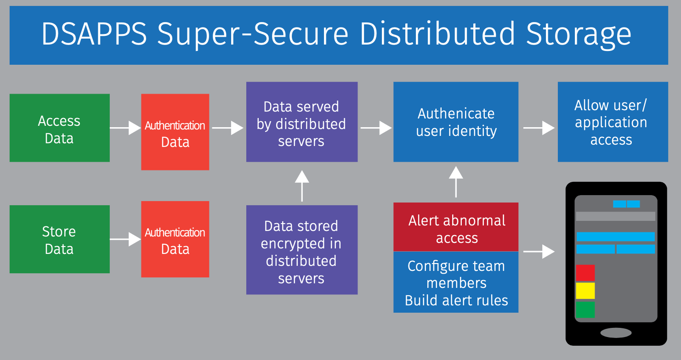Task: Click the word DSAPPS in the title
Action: pyautogui.click(x=94, y=34)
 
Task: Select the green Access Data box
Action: pyautogui.click(x=60, y=128)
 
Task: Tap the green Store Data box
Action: pyautogui.click(x=60, y=239)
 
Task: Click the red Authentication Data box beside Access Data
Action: pyautogui.click(x=175, y=132)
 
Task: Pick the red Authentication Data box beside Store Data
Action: pyautogui.click(x=175, y=239)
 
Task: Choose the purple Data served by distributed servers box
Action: pyautogui.click(x=302, y=122)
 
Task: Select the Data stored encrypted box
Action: pyautogui.click(x=302, y=250)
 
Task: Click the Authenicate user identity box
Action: pyautogui.click(x=456, y=122)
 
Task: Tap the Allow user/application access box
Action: pyautogui.click(x=613, y=122)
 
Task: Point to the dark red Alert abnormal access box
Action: pyautogui.click(x=456, y=227)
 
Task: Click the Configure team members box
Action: pyautogui.click(x=456, y=282)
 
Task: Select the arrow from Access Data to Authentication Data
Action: pyautogui.click(x=125, y=128)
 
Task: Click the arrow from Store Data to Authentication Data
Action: pyautogui.click(x=125, y=239)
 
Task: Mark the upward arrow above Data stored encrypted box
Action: pyautogui.click(x=302, y=186)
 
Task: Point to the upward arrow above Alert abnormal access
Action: pyautogui.click(x=456, y=182)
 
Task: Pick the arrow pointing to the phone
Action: pyautogui.click(x=539, y=252)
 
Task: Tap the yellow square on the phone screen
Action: pyautogui.click(x=585, y=291)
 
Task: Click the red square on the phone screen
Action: pyautogui.click(x=585, y=273)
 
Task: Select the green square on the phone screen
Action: pyautogui.click(x=585, y=309)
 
